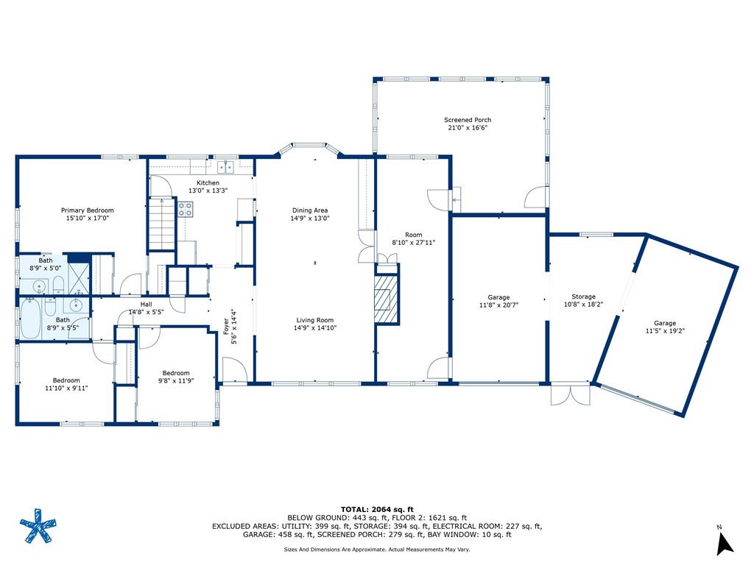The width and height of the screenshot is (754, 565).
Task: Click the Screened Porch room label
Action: click(468, 120)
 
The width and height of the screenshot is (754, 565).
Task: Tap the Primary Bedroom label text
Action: click(88, 210)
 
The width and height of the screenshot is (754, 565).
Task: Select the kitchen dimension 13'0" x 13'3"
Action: click(208, 191)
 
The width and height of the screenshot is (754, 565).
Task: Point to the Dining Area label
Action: click(310, 210)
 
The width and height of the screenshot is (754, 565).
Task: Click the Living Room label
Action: click(315, 321)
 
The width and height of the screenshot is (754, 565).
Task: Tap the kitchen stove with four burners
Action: click(186, 209)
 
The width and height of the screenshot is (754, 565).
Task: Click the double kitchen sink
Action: click(225, 167)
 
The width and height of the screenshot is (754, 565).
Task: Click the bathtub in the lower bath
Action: click(31, 318)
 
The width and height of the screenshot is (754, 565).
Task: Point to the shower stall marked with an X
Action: click(78, 279)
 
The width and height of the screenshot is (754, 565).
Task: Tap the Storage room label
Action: click(583, 297)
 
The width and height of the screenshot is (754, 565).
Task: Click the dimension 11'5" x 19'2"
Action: click(665, 331)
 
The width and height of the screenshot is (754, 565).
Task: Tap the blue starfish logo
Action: click(38, 525)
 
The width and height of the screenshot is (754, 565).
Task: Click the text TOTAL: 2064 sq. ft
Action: click(377, 509)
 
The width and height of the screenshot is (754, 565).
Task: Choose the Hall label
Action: click(147, 304)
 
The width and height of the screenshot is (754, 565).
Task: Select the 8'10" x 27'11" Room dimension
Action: click(414, 243)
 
